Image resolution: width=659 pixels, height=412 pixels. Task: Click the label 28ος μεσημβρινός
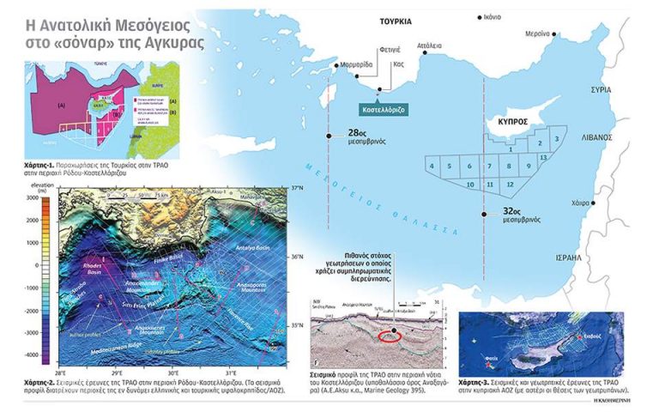[x=362, y=136]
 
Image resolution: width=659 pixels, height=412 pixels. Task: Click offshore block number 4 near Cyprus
[x=432, y=166]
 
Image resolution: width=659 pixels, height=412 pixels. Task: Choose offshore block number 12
[x=510, y=185]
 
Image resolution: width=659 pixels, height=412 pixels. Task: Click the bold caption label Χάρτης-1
[x=43, y=161]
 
